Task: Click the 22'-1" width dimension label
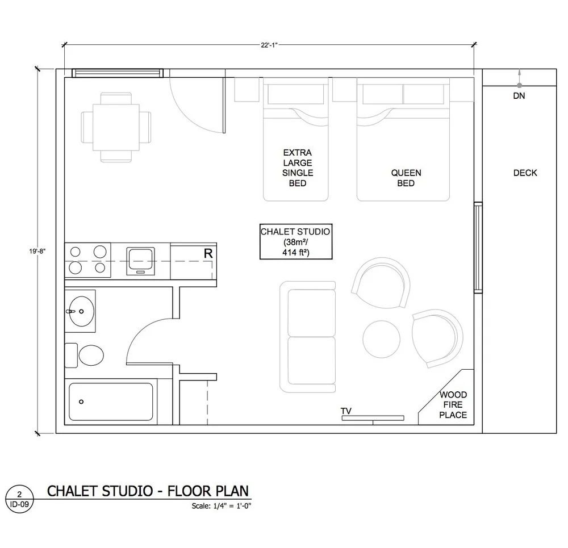(x=269, y=45)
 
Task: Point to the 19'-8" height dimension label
(x=37, y=251)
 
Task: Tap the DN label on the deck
(x=519, y=96)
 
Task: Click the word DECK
(x=525, y=173)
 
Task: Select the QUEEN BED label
(x=406, y=178)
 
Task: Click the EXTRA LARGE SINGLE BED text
(x=298, y=168)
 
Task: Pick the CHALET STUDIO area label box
(x=296, y=241)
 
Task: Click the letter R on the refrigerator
(x=208, y=253)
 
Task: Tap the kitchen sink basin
(x=140, y=261)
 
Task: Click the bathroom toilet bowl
(x=91, y=355)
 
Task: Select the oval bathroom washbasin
(x=81, y=311)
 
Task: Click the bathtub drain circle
(x=81, y=401)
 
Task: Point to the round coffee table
(x=382, y=340)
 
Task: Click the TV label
(x=346, y=411)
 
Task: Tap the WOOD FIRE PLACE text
(x=453, y=404)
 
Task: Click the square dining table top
(x=116, y=128)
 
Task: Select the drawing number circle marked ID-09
(x=19, y=499)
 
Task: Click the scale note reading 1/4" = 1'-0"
(x=232, y=506)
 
